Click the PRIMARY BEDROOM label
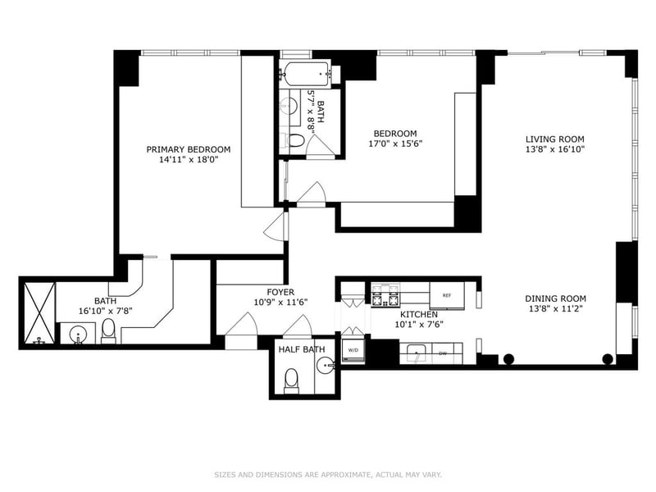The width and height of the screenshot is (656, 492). [x=189, y=149]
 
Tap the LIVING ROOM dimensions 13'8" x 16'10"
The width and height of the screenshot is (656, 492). [x=555, y=149]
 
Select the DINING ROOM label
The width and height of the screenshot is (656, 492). [x=556, y=298]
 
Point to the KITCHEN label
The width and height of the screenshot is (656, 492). [x=419, y=315]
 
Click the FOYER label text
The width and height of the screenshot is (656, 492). [x=280, y=292]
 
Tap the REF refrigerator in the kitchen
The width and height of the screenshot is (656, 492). [x=447, y=295]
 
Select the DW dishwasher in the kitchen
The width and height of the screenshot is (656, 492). [x=447, y=353]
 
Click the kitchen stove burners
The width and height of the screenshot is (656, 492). [x=385, y=295]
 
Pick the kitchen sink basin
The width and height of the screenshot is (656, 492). [x=416, y=353]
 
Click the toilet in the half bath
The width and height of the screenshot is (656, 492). [x=292, y=381]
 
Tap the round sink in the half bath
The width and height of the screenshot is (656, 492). [x=325, y=366]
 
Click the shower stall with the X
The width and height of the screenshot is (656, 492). [x=39, y=313]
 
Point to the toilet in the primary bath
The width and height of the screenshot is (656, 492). [x=108, y=331]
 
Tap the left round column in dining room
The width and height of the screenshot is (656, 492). [x=508, y=358]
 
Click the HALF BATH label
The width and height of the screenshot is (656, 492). [x=302, y=349]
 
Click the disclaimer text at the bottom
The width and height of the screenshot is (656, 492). [x=328, y=475]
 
